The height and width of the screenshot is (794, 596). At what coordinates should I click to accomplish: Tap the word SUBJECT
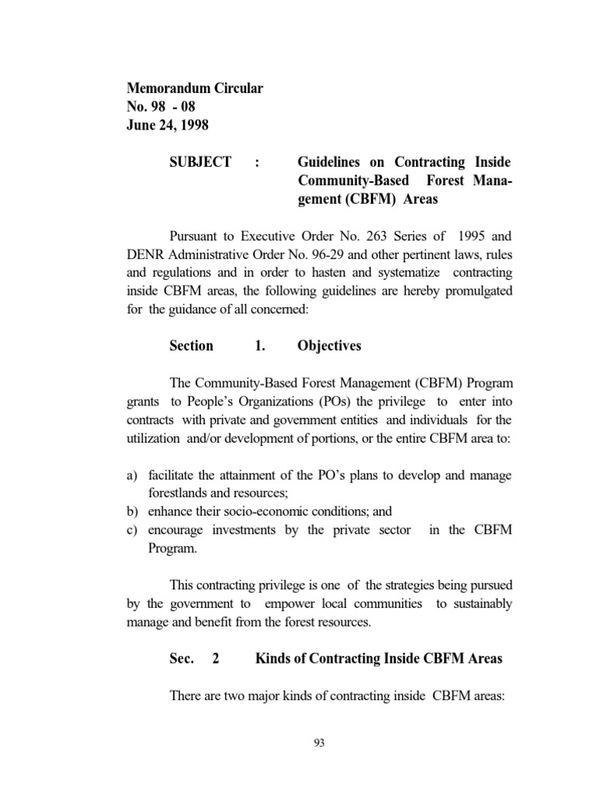tap(200, 162)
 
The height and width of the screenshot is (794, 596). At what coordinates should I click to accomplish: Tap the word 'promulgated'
tap(474, 292)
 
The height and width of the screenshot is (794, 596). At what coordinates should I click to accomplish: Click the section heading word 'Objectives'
tap(329, 346)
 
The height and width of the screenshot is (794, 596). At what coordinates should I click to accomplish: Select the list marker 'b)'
tap(132, 511)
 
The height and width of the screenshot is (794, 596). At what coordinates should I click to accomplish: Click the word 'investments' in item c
tap(238, 530)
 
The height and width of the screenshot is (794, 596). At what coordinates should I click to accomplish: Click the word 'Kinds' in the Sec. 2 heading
tap(274, 659)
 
